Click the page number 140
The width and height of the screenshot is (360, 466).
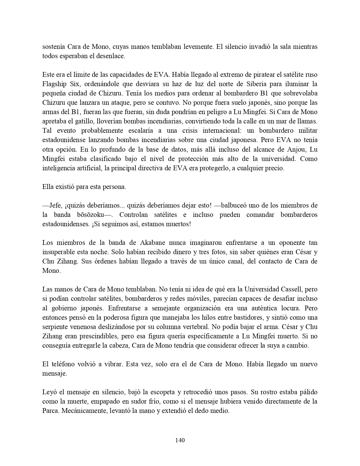click(x=180, y=440)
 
